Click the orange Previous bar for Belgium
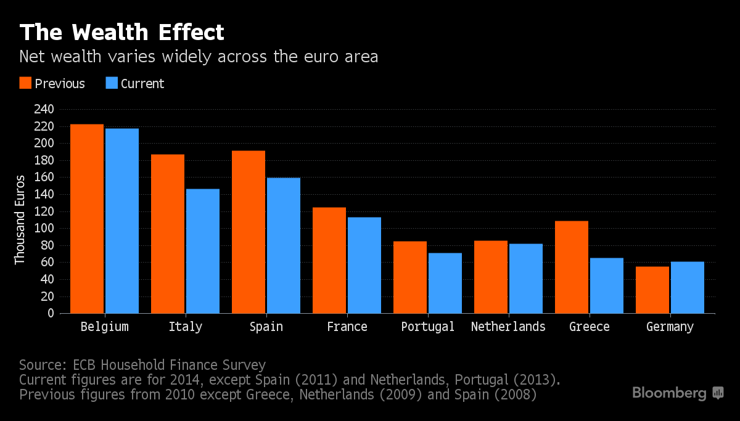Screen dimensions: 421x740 click(x=87, y=219)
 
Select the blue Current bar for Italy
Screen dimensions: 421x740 click(x=203, y=251)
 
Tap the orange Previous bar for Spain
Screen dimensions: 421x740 click(x=249, y=232)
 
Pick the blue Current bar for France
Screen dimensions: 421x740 click(x=364, y=265)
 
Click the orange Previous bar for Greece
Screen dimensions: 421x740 click(x=572, y=267)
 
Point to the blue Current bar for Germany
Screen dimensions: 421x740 click(x=688, y=287)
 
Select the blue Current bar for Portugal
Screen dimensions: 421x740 click(x=445, y=283)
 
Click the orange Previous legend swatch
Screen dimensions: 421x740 click(x=25, y=83)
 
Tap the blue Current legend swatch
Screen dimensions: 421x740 click(x=111, y=83)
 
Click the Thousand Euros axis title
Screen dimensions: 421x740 click(x=20, y=220)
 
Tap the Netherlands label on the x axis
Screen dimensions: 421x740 click(x=508, y=327)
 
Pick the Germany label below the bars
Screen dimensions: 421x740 click(x=670, y=327)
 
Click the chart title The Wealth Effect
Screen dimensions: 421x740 click(x=121, y=31)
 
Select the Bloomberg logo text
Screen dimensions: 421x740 click(x=670, y=393)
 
